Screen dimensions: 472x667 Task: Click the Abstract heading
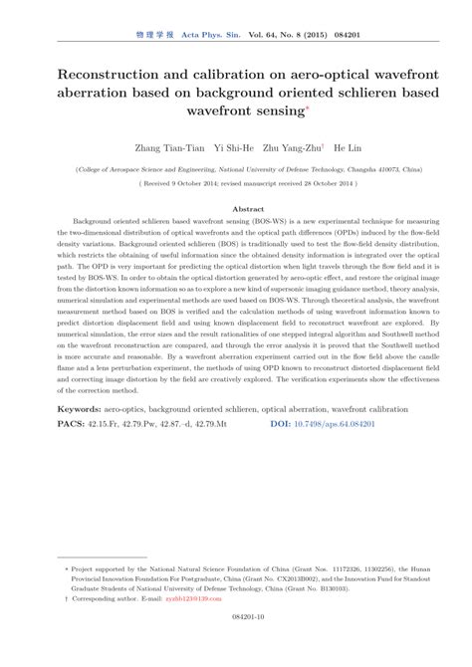235,208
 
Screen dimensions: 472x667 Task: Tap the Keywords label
81,437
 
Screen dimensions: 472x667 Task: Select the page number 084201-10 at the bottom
235,645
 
